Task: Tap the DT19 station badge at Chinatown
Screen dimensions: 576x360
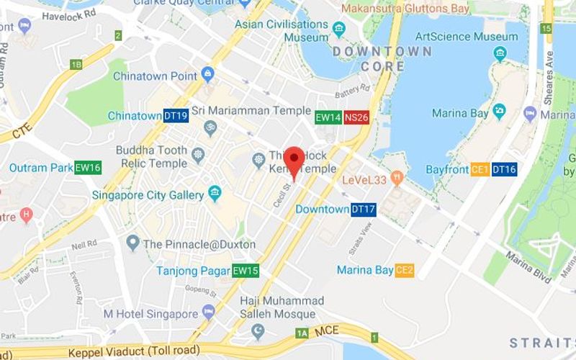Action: [176, 116]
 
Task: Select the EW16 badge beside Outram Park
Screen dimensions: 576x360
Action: [88, 168]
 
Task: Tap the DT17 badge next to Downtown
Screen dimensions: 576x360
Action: [363, 210]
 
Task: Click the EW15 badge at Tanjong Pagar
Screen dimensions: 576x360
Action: [245, 271]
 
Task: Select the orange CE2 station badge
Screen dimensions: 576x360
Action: [405, 270]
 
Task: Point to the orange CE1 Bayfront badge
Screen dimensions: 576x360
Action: [480, 170]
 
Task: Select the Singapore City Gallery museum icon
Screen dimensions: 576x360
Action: [214, 193]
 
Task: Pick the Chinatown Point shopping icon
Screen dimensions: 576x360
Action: [208, 74]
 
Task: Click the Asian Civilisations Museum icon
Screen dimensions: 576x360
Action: [339, 29]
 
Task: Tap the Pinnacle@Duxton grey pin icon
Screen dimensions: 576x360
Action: [132, 243]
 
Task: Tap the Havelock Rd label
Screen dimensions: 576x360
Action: [70, 14]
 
